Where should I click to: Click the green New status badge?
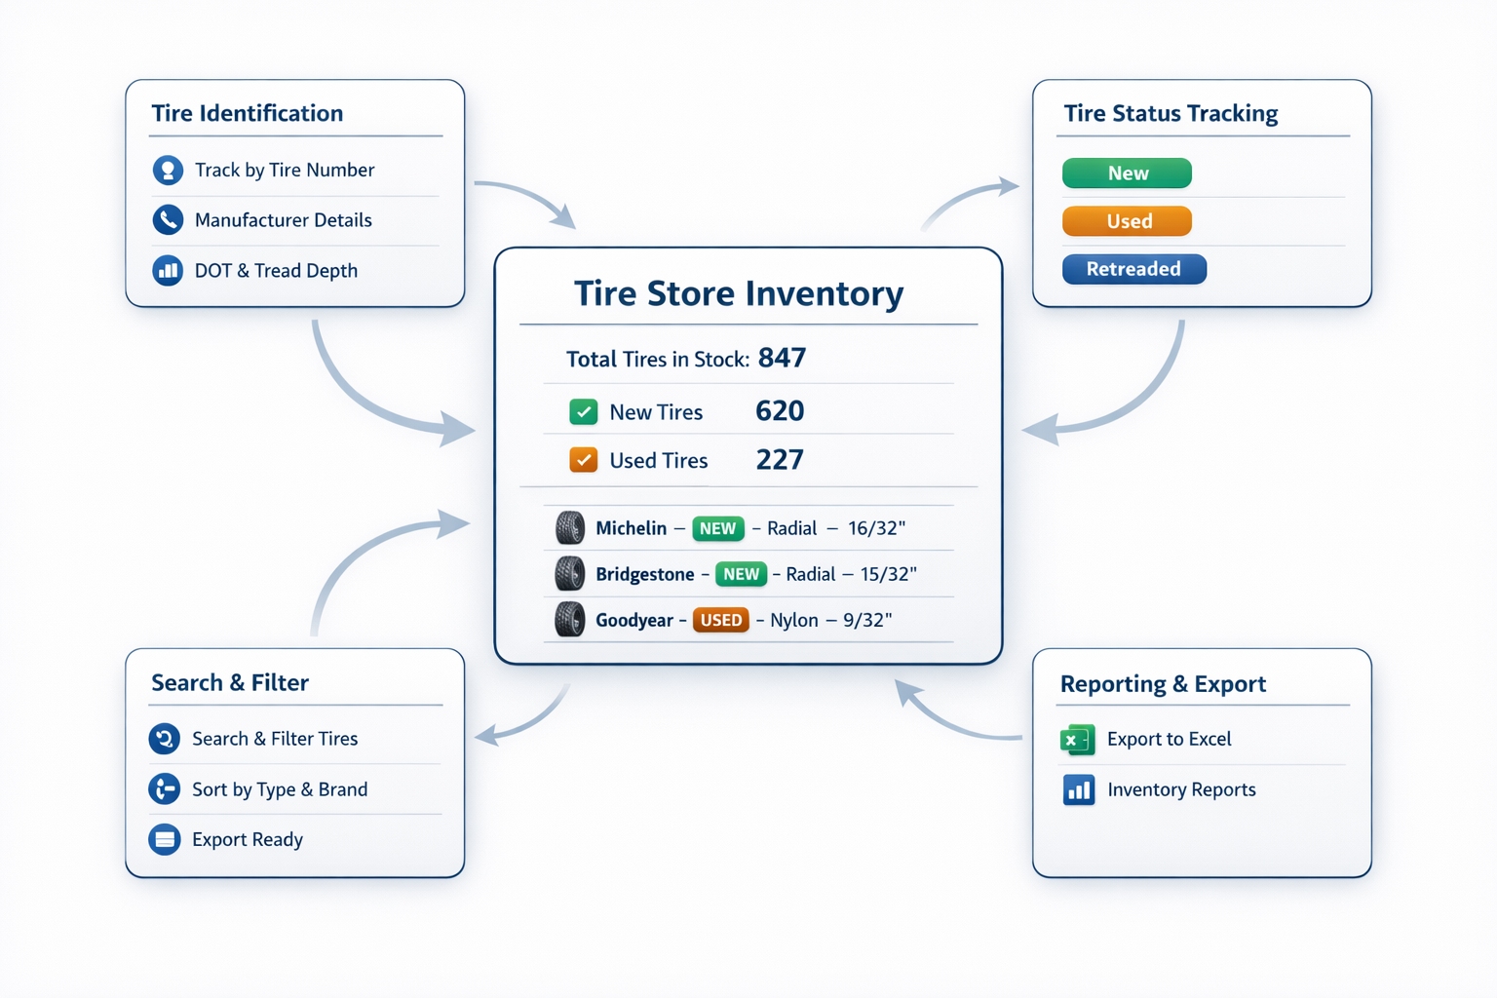click(x=1127, y=173)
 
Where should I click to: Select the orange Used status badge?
click(x=1127, y=221)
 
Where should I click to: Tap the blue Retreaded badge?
click(x=1133, y=269)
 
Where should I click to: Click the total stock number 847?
click(x=782, y=358)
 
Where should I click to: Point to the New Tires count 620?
click(x=780, y=411)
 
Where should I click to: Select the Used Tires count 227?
click(x=780, y=460)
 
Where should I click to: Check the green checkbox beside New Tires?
click(x=583, y=412)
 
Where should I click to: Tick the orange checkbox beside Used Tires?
click(x=583, y=460)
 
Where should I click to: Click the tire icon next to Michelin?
click(x=570, y=528)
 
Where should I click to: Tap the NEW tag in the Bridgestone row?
click(x=741, y=574)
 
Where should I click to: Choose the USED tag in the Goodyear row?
click(x=720, y=620)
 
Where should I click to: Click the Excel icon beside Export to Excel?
click(x=1077, y=740)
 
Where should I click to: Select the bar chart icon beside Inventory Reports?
click(x=1078, y=789)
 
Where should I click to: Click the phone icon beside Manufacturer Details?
click(x=168, y=220)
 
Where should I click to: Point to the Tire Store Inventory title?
click(x=738, y=293)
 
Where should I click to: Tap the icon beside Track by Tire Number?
click(x=168, y=171)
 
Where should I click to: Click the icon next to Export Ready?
click(x=165, y=839)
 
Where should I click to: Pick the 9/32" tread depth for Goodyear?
click(x=868, y=620)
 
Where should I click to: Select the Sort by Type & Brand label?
click(x=280, y=789)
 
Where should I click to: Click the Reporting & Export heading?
click(x=1163, y=684)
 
